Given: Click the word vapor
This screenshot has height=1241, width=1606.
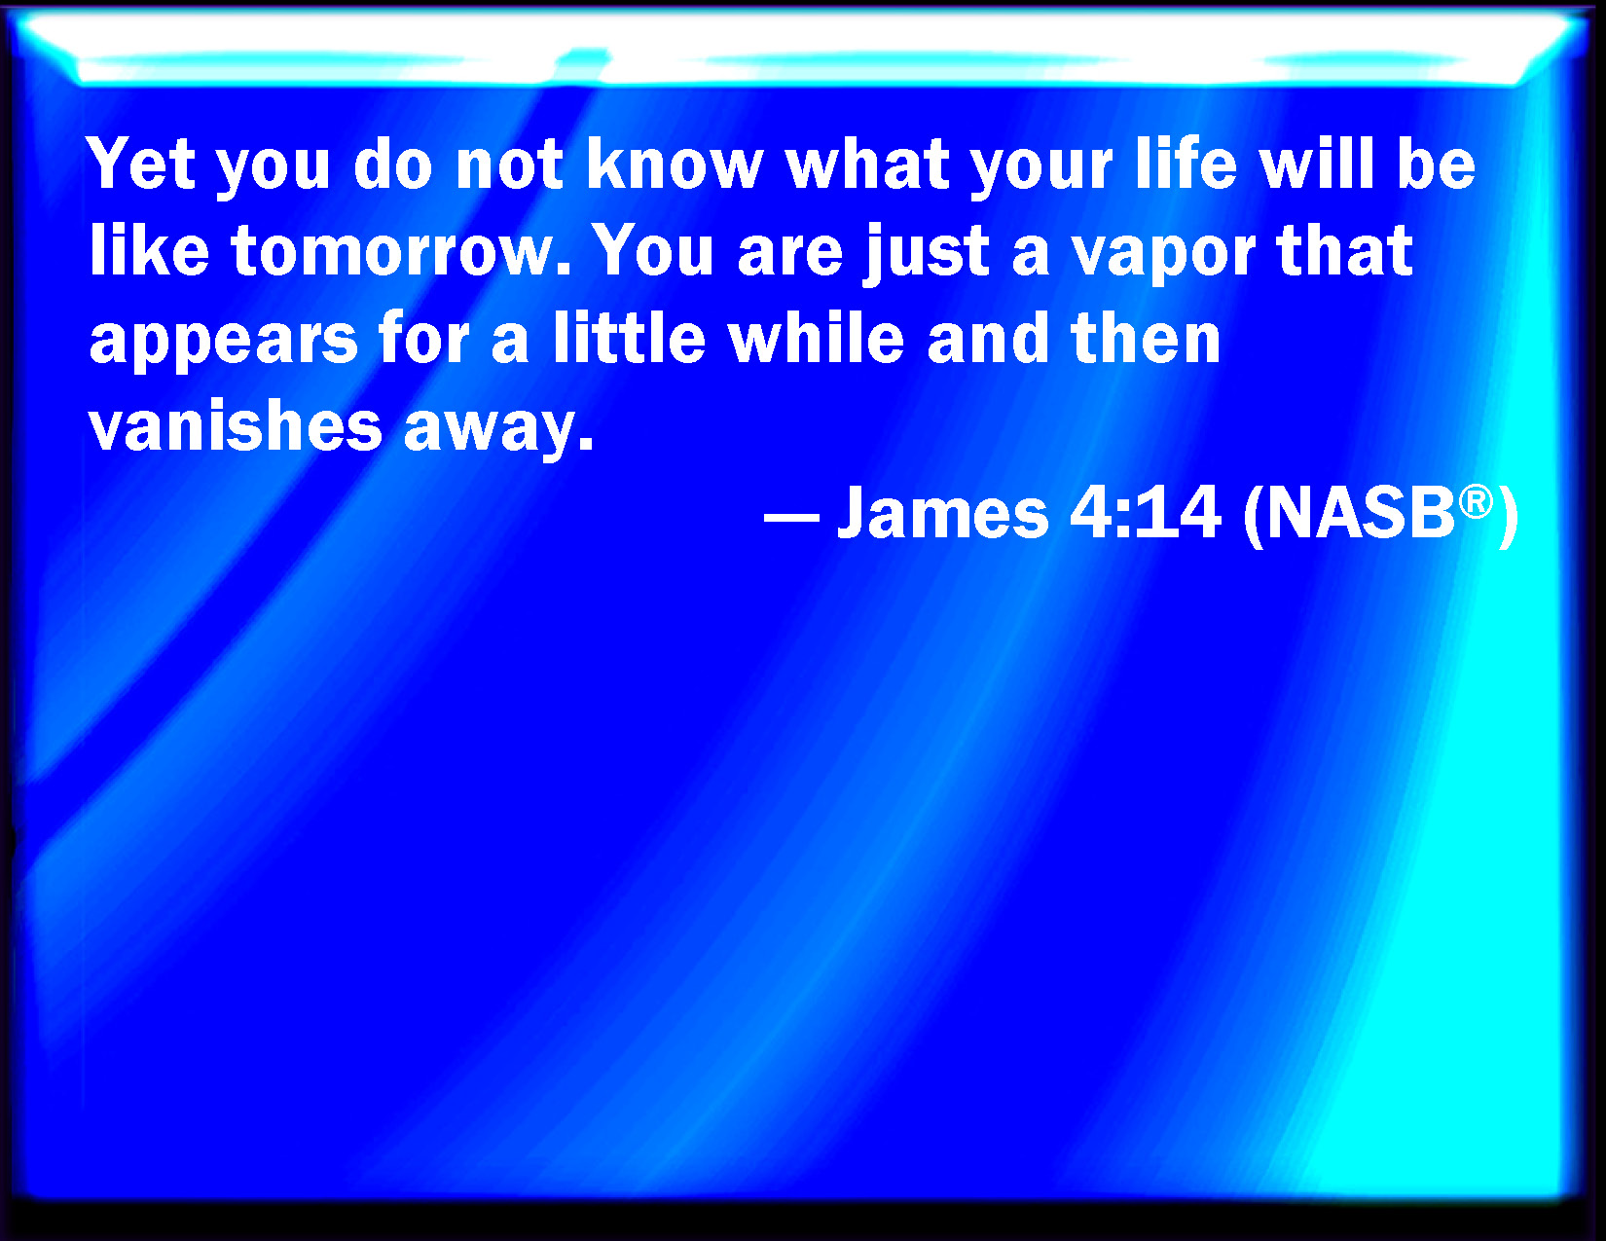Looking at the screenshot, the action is click(x=1163, y=256).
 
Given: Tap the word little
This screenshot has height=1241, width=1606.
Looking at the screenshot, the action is click(x=629, y=337).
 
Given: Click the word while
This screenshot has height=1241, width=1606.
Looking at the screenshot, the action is click(x=816, y=337).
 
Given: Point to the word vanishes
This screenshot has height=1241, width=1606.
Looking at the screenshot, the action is click(x=235, y=425).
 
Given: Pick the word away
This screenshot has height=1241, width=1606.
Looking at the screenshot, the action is click(x=499, y=430).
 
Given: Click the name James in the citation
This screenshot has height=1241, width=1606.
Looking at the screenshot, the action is click(x=942, y=511).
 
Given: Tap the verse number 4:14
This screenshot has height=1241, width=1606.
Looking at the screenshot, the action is click(x=1145, y=511).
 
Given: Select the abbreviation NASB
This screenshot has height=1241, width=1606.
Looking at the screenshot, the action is click(x=1360, y=511).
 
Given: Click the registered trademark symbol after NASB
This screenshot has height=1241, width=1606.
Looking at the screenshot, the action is click(x=1476, y=502).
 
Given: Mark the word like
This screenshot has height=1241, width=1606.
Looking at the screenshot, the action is click(x=149, y=250).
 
